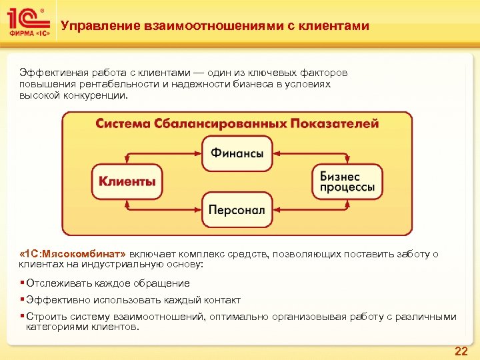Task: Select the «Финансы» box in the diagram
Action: coord(237,153)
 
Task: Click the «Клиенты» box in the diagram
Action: coord(127,181)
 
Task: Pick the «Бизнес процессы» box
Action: coord(347,181)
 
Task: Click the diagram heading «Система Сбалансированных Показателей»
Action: coord(237,124)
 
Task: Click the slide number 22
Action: coord(461,351)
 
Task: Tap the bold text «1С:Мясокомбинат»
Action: coord(73,254)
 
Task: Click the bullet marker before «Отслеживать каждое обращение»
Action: coord(22,283)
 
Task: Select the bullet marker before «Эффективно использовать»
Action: coord(22,300)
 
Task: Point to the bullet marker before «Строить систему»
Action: coord(22,317)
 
